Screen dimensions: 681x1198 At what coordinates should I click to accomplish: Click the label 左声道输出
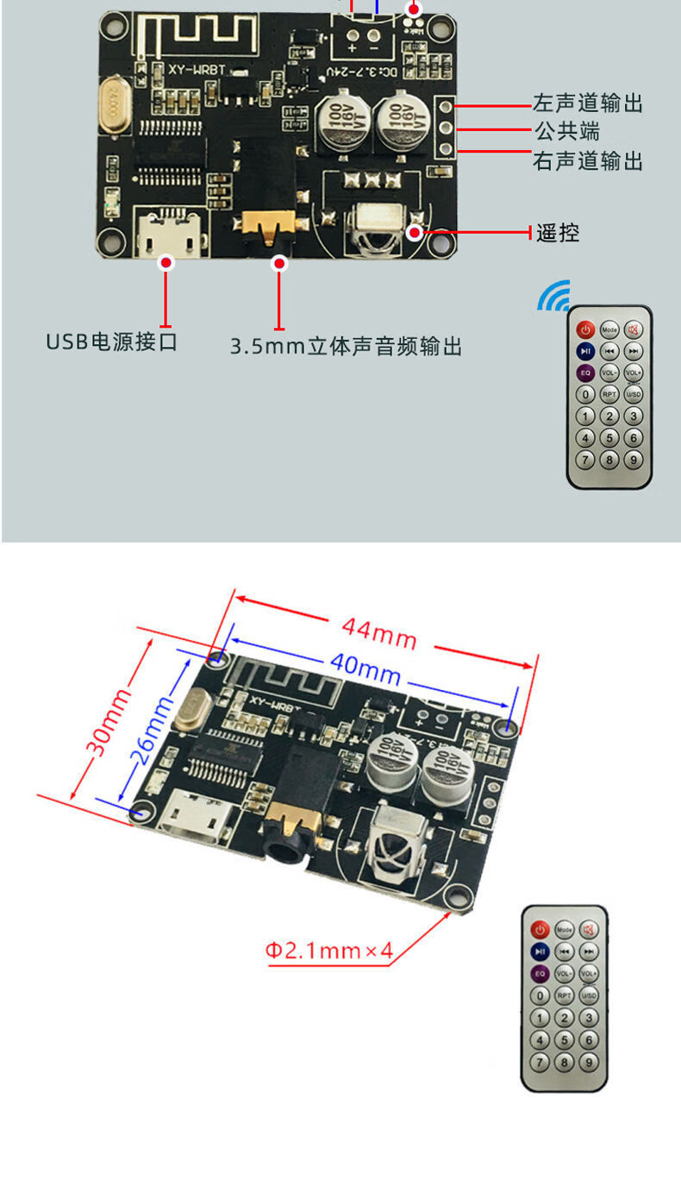pyautogui.click(x=588, y=104)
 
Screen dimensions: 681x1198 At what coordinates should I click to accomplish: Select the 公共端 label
pyautogui.click(x=566, y=132)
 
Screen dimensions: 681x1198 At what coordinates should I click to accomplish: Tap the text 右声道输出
pyautogui.click(x=588, y=161)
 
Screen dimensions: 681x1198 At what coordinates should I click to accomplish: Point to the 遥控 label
pyautogui.click(x=558, y=232)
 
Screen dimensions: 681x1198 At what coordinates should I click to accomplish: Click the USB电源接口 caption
pyautogui.click(x=111, y=342)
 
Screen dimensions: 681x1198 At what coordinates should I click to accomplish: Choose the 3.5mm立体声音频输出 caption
pyautogui.click(x=346, y=347)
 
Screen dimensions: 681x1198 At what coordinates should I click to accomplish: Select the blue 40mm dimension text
pyautogui.click(x=365, y=668)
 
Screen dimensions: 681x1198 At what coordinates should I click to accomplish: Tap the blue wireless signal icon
pyautogui.click(x=553, y=295)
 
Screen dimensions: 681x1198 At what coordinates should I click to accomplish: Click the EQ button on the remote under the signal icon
pyautogui.click(x=585, y=373)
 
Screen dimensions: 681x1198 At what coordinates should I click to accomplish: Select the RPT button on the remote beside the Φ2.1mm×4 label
pyautogui.click(x=564, y=994)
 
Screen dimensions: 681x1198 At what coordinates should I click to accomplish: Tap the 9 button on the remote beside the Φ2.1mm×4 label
pyautogui.click(x=589, y=1062)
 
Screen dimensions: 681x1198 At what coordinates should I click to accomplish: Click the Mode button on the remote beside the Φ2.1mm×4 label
pyautogui.click(x=564, y=931)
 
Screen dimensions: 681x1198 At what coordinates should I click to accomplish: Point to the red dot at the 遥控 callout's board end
pyautogui.click(x=415, y=231)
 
